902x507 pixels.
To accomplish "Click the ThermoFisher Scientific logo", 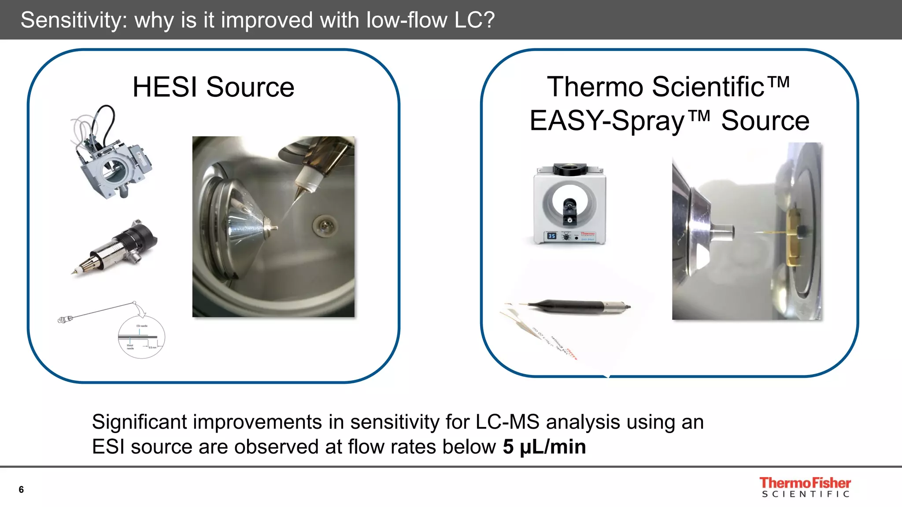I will pos(805,487).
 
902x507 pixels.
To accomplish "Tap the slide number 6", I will pos(21,489).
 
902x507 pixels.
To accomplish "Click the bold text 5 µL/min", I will pos(544,447).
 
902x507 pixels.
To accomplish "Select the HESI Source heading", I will pos(213,87).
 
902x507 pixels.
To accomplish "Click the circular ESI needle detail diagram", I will pos(141,337).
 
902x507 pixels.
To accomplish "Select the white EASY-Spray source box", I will pos(569,205).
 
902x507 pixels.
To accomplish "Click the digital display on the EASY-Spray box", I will pos(552,236).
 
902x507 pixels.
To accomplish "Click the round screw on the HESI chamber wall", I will pos(324,225).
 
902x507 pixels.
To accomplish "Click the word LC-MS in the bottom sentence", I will pos(507,422).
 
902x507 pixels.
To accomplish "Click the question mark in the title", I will pos(488,20).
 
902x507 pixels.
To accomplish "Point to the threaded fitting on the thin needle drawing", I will pos(65,319).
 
